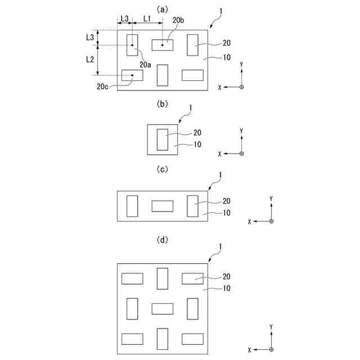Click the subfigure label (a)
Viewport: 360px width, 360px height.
tap(163, 9)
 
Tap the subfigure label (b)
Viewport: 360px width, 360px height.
tap(163, 103)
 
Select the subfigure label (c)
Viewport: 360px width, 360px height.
tap(163, 169)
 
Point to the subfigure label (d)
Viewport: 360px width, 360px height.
tap(163, 240)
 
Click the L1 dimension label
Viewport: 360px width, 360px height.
tap(147, 18)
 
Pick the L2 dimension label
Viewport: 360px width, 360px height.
tap(90, 58)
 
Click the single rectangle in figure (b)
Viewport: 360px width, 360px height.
tap(163, 139)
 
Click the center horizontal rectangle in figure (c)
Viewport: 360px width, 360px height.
tap(163, 206)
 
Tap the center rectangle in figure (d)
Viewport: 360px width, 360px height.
tap(163, 308)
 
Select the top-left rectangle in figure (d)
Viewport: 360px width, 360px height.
tap(132, 278)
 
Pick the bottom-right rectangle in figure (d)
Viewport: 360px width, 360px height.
tap(192, 339)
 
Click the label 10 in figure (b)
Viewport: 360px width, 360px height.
tap(197, 145)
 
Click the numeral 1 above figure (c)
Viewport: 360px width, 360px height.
tap(220, 175)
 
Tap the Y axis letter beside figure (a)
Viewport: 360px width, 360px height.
tap(241, 65)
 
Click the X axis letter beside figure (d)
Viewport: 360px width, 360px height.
tap(249, 349)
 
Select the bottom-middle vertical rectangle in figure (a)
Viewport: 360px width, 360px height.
tap(163, 75)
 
